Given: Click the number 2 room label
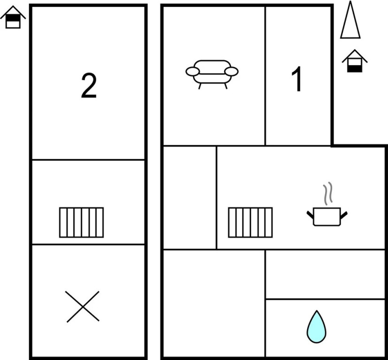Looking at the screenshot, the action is (x=89, y=86).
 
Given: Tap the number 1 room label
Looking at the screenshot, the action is (x=297, y=79).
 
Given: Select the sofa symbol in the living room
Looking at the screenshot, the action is (x=212, y=74).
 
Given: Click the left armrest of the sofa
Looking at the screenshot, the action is (x=192, y=71).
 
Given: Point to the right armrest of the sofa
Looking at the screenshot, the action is (x=231, y=71).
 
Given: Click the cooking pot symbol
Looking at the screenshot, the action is (x=327, y=217).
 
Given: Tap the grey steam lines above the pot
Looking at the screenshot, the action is (x=327, y=194).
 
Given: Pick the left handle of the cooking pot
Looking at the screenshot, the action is (x=310, y=215).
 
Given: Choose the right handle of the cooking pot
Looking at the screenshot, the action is (x=344, y=215).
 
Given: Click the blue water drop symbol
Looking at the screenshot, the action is (x=317, y=328).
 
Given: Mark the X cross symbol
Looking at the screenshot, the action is (x=83, y=307).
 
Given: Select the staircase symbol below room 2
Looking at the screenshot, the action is (x=82, y=223).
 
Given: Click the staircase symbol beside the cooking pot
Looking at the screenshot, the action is (x=250, y=223).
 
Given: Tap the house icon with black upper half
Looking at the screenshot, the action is (x=13, y=17).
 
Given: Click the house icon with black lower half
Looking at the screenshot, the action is (x=355, y=61).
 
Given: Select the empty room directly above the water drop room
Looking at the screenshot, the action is (x=326, y=274).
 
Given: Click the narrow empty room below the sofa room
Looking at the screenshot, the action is (x=190, y=198).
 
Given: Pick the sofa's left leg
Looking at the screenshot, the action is (x=199, y=86).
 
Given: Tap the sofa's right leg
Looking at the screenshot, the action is (x=226, y=86).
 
